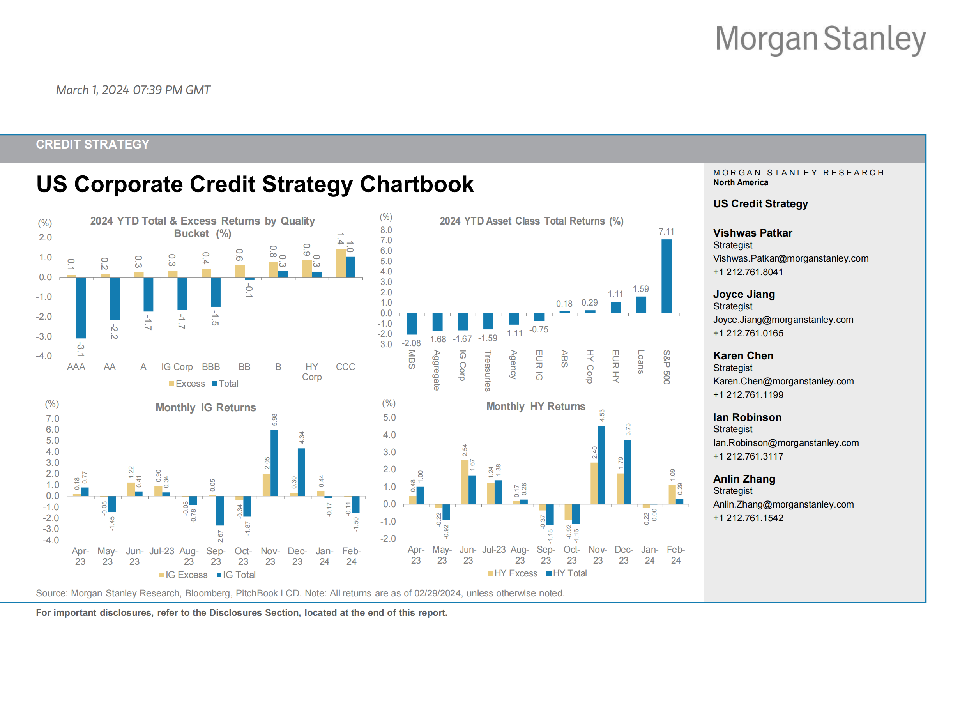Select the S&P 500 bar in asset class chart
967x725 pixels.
pos(666,276)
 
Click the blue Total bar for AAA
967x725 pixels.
pos(81,308)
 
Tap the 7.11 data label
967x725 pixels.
pos(666,232)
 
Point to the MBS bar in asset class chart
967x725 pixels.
pos(412,324)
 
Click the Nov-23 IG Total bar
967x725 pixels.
pos(274,463)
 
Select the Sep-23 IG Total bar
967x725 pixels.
pos(220,510)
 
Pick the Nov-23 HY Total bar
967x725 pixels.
pos(601,465)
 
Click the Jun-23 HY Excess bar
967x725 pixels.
pos(464,482)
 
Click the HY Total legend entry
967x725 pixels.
pos(567,573)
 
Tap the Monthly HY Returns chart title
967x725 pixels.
pos(536,406)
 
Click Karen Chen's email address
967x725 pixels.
pos(783,381)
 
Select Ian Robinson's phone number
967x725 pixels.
pos(748,456)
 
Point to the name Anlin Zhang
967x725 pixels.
pos(744,479)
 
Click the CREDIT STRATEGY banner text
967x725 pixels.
pos(93,144)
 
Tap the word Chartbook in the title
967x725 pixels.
pos(417,184)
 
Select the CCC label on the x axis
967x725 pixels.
pos(345,366)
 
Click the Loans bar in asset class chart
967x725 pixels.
pos(641,305)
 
